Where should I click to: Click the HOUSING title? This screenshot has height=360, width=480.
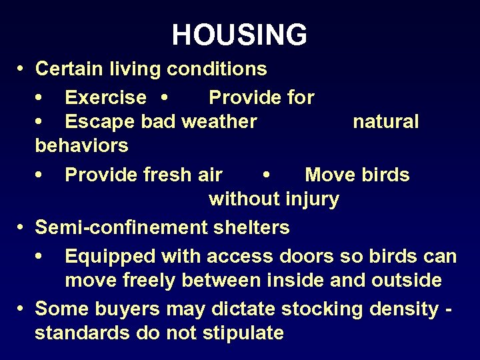tap(239, 35)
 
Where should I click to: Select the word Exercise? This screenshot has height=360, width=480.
tap(105, 98)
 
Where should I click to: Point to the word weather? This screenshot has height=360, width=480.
tap(219, 121)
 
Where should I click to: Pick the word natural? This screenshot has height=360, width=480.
tap(386, 121)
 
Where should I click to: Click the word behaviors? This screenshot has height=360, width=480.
tap(82, 145)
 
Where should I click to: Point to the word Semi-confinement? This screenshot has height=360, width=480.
tap(122, 227)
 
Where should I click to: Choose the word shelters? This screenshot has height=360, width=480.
tap(251, 227)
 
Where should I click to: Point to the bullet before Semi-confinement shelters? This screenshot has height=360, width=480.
tap(21, 227)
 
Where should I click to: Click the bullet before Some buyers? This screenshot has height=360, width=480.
tap(21, 309)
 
